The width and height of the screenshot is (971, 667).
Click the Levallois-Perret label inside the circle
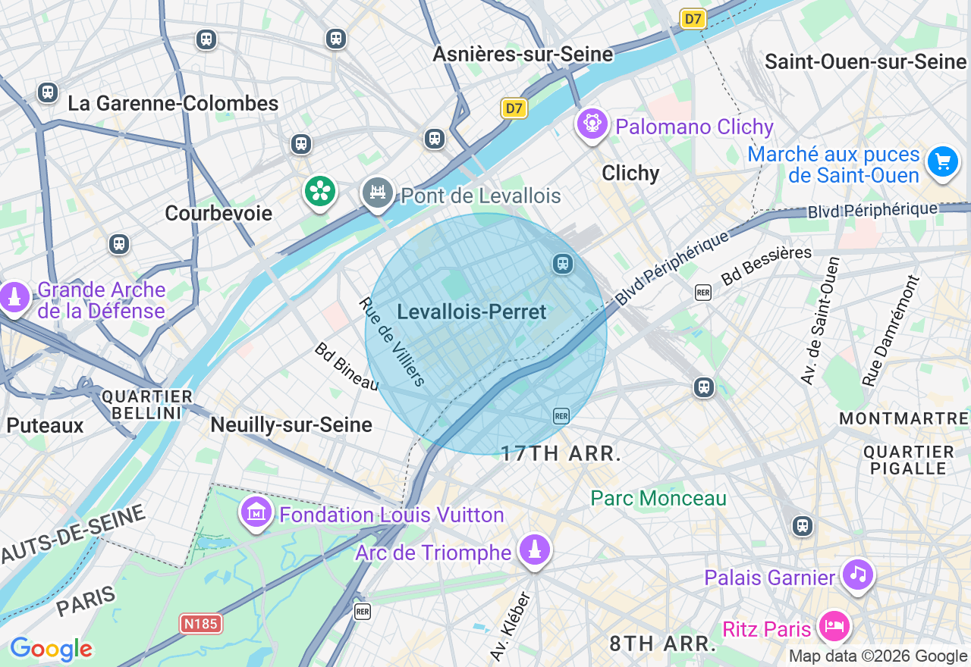[x=471, y=312]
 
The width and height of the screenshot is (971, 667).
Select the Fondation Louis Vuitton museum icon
[x=256, y=513]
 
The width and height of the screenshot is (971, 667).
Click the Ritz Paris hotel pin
[x=834, y=626]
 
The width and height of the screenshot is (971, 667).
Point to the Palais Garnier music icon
[x=858, y=574]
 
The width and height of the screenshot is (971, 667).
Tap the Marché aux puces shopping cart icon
[x=943, y=161]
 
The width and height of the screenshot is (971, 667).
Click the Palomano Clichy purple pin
[x=592, y=123]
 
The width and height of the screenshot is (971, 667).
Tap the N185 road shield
[x=201, y=624]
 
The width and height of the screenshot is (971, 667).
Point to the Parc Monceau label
[x=658, y=498]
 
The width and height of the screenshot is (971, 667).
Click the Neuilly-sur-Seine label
[x=291, y=424]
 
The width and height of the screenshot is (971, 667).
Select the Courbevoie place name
[x=218, y=213]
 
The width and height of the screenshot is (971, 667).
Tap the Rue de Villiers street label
[x=393, y=341]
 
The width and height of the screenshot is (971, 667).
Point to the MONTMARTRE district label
[x=903, y=418]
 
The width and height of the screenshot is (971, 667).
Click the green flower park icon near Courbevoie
[x=320, y=191]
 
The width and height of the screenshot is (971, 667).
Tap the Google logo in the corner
[x=51, y=649]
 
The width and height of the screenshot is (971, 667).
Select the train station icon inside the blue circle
[x=563, y=263]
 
